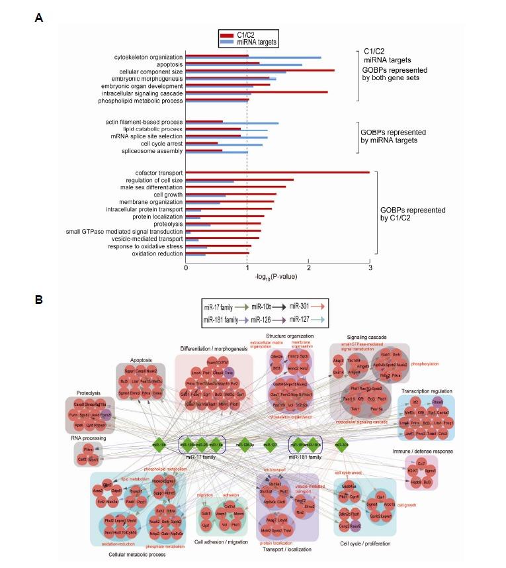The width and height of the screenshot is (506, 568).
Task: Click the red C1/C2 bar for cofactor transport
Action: [x=277, y=172]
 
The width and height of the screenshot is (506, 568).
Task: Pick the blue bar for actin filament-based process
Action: [x=232, y=123]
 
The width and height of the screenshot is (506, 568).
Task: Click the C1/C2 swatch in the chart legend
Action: [x=228, y=35]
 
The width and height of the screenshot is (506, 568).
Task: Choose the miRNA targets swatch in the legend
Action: [x=228, y=42]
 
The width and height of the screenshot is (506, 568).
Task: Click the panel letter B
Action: [x=39, y=299]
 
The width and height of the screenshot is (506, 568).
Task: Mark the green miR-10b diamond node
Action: [x=159, y=445]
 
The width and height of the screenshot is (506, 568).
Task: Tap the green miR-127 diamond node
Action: [x=270, y=445]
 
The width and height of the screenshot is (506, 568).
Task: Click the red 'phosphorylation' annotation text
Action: [x=425, y=363]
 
